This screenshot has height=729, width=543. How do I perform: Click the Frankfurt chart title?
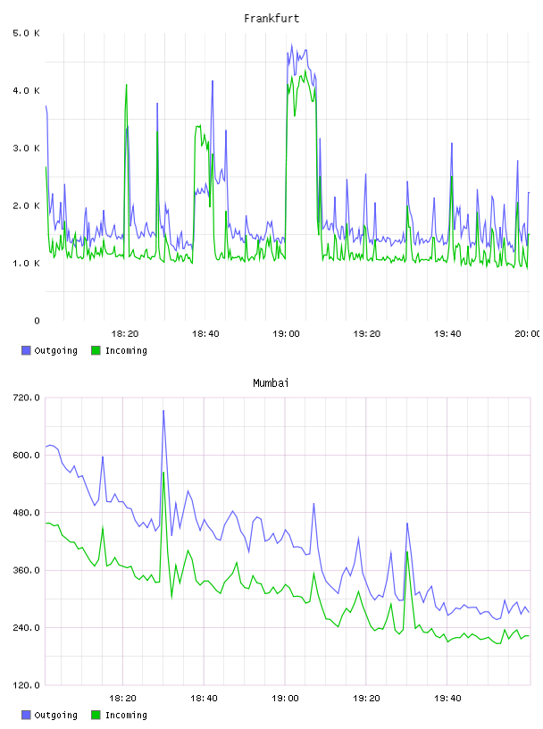pos(271,19)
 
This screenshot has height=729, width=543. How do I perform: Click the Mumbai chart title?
pos(271,383)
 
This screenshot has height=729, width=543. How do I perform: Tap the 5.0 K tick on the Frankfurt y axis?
pos(27,33)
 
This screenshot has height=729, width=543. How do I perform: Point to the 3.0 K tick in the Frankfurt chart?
pos(27,148)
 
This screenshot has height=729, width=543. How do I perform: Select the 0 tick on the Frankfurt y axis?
pos(37,321)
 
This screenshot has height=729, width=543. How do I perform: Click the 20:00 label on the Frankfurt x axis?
pos(528,334)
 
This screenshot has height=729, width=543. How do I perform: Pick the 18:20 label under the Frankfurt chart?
pos(125,334)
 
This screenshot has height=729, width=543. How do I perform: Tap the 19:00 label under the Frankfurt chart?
pos(286,334)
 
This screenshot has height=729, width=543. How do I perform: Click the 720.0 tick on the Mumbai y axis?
pos(27,398)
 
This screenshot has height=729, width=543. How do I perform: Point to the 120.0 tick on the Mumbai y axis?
pos(27,685)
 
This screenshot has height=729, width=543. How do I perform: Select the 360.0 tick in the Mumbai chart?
pos(27,571)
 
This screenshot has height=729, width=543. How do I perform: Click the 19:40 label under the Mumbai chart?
pos(447,699)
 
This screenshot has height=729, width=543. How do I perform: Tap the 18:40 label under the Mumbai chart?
pos(204,699)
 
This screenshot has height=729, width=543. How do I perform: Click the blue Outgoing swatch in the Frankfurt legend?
pos(26,350)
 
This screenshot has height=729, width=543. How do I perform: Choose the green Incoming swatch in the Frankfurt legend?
pos(96,350)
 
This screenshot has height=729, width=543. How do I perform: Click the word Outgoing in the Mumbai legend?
pos(55,716)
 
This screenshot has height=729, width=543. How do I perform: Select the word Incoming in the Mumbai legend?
pos(126,716)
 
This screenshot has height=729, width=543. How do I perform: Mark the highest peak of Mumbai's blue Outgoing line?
pos(163,411)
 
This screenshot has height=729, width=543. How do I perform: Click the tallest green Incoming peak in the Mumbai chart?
pos(163,473)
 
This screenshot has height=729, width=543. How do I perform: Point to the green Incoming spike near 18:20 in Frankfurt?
pos(126,85)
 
